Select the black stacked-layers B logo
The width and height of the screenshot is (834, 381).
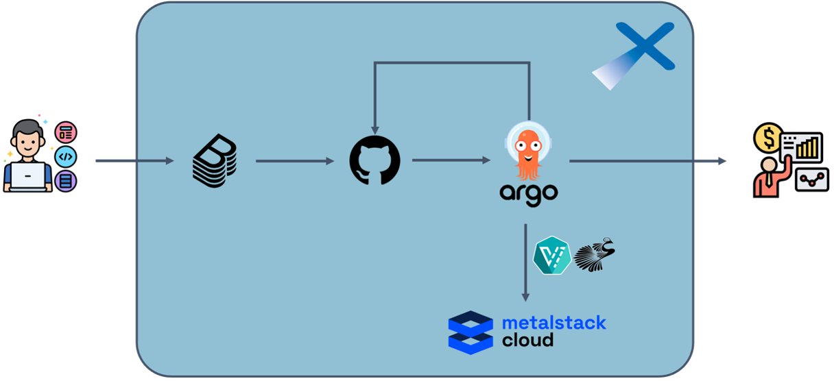[215, 162]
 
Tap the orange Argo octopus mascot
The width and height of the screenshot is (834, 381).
[528, 153]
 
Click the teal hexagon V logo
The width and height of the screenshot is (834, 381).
[552, 256]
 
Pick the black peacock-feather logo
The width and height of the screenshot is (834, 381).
[595, 255]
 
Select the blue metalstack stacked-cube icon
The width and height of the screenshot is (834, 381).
[470, 332]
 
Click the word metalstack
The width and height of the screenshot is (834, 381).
[554, 322]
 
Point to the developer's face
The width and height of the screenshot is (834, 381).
[27, 140]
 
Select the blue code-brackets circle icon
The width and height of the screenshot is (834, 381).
[65, 157]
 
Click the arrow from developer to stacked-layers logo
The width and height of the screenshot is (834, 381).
[134, 161]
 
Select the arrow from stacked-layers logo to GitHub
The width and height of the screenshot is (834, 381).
[295, 162]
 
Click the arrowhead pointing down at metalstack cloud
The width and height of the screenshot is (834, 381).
[525, 296]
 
